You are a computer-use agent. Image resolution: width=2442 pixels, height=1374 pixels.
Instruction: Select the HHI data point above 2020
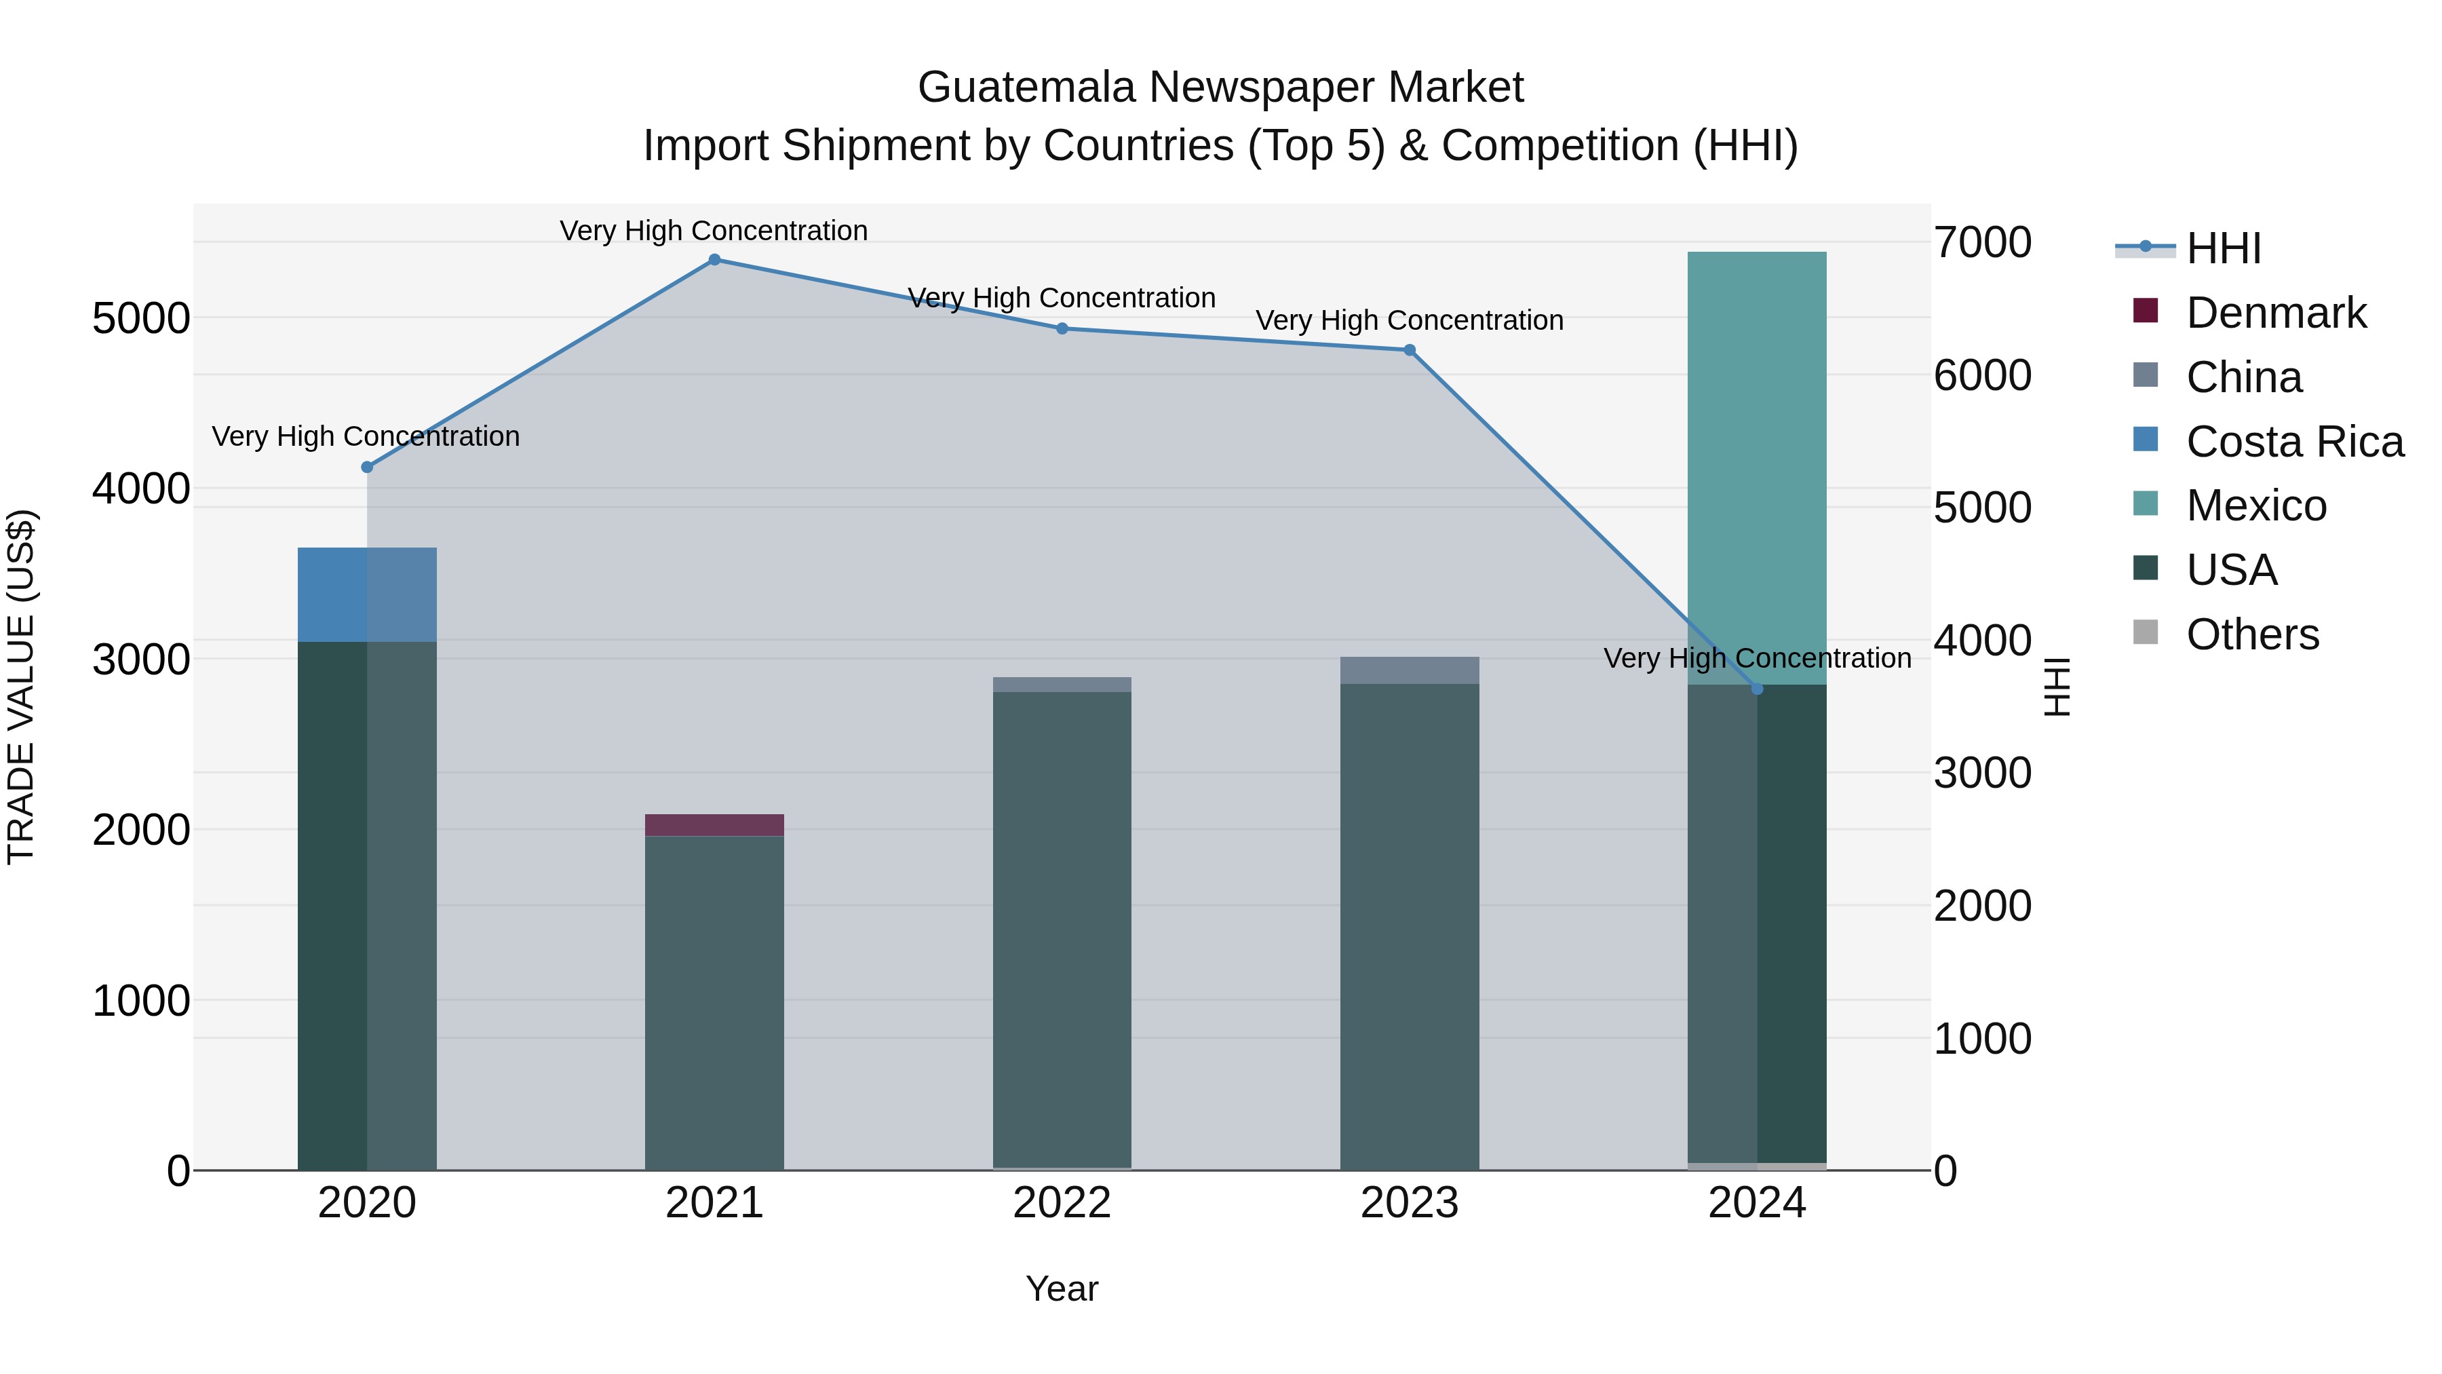tap(367, 467)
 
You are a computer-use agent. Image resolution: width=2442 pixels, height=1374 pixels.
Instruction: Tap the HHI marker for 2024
tap(1757, 689)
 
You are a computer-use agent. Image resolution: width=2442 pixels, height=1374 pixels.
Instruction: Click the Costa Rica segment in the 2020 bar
tap(367, 594)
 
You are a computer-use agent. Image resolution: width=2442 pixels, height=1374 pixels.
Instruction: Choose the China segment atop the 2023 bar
tap(1409, 670)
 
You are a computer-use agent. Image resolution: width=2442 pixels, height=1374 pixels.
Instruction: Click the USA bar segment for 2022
tap(1062, 930)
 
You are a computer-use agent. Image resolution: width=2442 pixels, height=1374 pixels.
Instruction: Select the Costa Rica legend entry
tap(2294, 442)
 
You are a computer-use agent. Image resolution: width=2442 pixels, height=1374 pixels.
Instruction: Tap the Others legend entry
tap(2251, 634)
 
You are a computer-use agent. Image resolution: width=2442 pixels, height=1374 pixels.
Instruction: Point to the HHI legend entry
tap(2223, 248)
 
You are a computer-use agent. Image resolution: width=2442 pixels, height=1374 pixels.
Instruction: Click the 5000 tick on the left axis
tap(141, 319)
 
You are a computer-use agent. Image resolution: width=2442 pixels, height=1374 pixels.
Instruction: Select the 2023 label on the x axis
tap(1409, 1203)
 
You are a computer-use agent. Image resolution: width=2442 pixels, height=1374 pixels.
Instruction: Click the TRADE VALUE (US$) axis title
tap(22, 687)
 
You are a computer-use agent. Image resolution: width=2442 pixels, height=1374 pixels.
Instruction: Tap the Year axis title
tap(1062, 1289)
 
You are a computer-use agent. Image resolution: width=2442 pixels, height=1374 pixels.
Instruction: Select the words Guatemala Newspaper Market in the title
tap(1220, 88)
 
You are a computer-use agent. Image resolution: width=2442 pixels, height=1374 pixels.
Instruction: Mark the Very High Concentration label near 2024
tap(1757, 658)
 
